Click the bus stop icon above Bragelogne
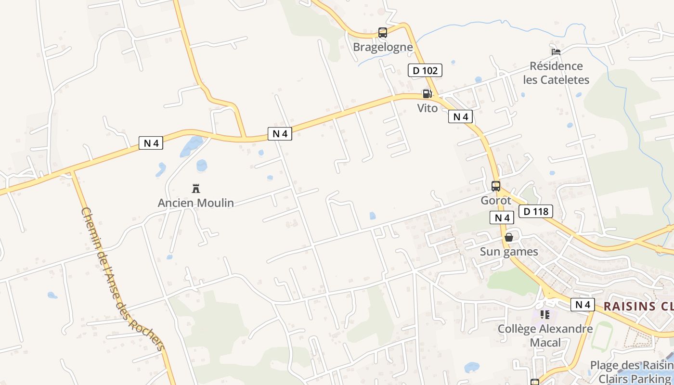(x=383, y=33)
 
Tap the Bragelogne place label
(x=383, y=47)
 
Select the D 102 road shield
(x=425, y=71)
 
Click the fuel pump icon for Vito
(x=427, y=94)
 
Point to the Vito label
(x=428, y=108)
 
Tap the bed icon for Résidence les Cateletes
(x=556, y=52)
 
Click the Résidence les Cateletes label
(x=556, y=73)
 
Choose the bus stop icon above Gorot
(x=496, y=186)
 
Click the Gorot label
(x=496, y=200)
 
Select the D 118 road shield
(x=535, y=211)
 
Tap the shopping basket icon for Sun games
(x=509, y=237)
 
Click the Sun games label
(x=509, y=252)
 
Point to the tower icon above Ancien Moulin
(x=196, y=188)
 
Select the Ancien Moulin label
(x=196, y=203)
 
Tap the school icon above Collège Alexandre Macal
(x=545, y=315)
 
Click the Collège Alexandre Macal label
(x=545, y=336)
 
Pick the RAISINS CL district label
(x=638, y=306)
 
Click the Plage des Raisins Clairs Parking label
(x=631, y=372)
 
